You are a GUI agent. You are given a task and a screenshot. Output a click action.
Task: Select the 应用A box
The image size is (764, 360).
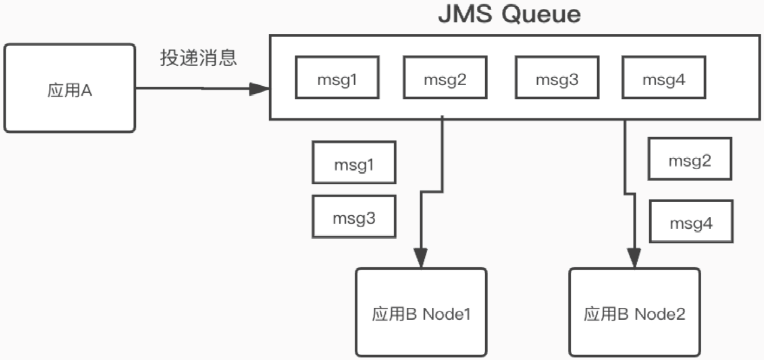click(x=69, y=87)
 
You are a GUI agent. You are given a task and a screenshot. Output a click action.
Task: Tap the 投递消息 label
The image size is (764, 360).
click(x=198, y=58)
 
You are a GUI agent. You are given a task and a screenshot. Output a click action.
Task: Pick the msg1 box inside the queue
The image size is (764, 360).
click(x=337, y=78)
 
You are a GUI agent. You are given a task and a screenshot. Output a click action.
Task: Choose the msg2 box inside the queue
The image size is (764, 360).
click(x=445, y=78)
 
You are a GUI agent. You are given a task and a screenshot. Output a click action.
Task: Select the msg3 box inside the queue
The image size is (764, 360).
click(x=556, y=78)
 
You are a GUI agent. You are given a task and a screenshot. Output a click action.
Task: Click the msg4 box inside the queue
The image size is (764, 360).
click(x=664, y=78)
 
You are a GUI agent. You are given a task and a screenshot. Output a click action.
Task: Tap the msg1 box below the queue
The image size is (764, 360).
click(x=354, y=163)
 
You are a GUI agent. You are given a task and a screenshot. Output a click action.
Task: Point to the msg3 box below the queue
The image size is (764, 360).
click(x=354, y=216)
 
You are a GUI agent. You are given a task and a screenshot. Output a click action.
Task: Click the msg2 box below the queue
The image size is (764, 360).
click(x=690, y=160)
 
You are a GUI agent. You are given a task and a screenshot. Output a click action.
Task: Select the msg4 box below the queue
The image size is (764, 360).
click(x=691, y=222)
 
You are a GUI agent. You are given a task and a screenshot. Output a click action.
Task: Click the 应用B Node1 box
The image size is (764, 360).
click(x=421, y=313)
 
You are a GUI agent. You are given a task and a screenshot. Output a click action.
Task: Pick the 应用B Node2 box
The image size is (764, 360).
click(x=634, y=313)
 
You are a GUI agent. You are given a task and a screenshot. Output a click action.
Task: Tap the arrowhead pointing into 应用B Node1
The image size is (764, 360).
click(x=422, y=258)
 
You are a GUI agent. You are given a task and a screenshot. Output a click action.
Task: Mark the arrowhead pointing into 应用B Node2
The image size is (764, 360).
click(x=634, y=257)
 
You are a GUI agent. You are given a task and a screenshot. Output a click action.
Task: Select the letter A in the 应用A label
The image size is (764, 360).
click(x=87, y=92)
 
